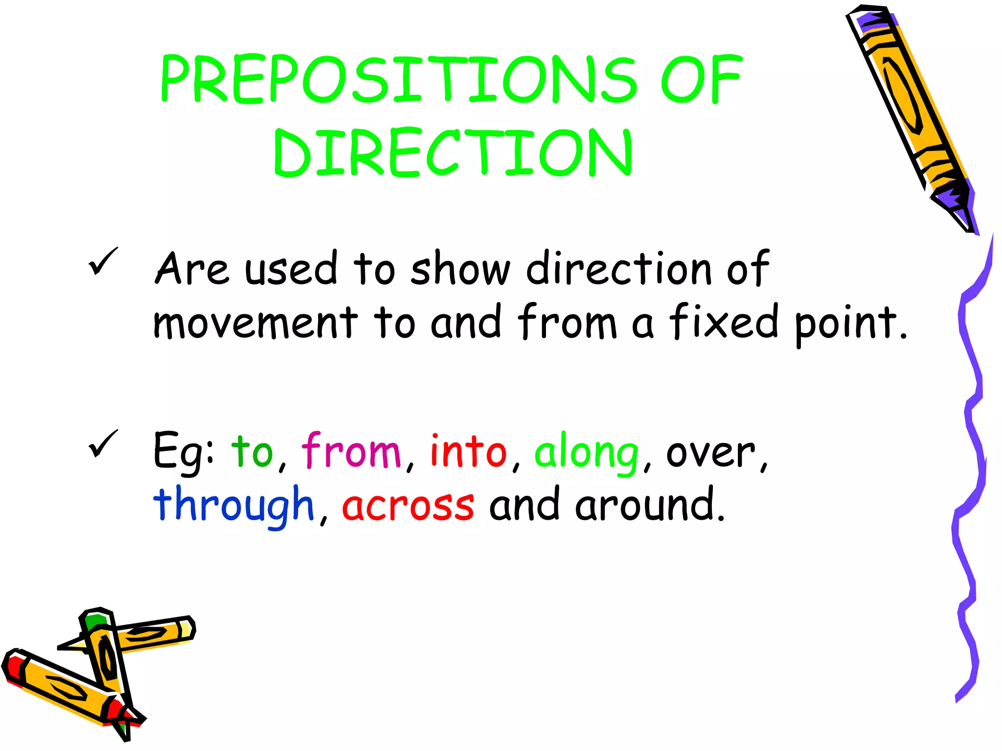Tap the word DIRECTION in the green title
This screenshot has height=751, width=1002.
pos(453,153)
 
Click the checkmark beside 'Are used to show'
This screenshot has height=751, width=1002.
pos(103,261)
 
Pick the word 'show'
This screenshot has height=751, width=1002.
pos(460,269)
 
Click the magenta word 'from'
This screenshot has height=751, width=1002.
pos(351,451)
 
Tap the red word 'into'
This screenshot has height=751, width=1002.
pos(468,451)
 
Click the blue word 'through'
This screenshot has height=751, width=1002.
pos(233,507)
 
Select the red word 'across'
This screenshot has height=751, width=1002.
pos(408,506)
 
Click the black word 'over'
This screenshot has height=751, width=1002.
pos(711,453)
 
